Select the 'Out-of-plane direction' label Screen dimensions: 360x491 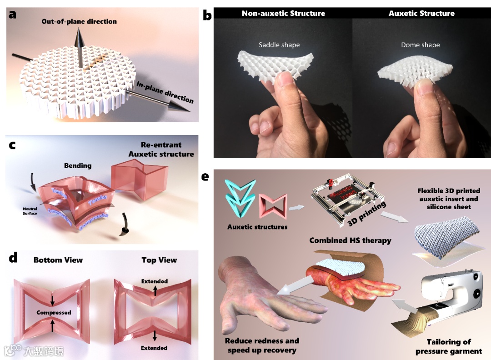pos(79,21)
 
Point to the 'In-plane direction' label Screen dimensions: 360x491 pos(165,92)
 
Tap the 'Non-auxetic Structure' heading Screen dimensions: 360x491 pos(283,13)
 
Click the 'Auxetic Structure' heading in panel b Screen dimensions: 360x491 pos(421,13)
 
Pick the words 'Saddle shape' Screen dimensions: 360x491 pos(279,45)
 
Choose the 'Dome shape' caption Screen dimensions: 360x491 pos(420,45)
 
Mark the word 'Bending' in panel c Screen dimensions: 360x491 pos(78,165)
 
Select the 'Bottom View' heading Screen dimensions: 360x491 pos(58,260)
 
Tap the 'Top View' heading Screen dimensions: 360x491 pos(159,260)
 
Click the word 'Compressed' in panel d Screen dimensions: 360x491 pos(54,313)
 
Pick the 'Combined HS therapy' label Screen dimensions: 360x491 pos(350,240)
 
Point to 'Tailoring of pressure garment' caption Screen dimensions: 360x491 pos(448,346)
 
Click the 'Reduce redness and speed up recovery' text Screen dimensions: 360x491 pos(262,345)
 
